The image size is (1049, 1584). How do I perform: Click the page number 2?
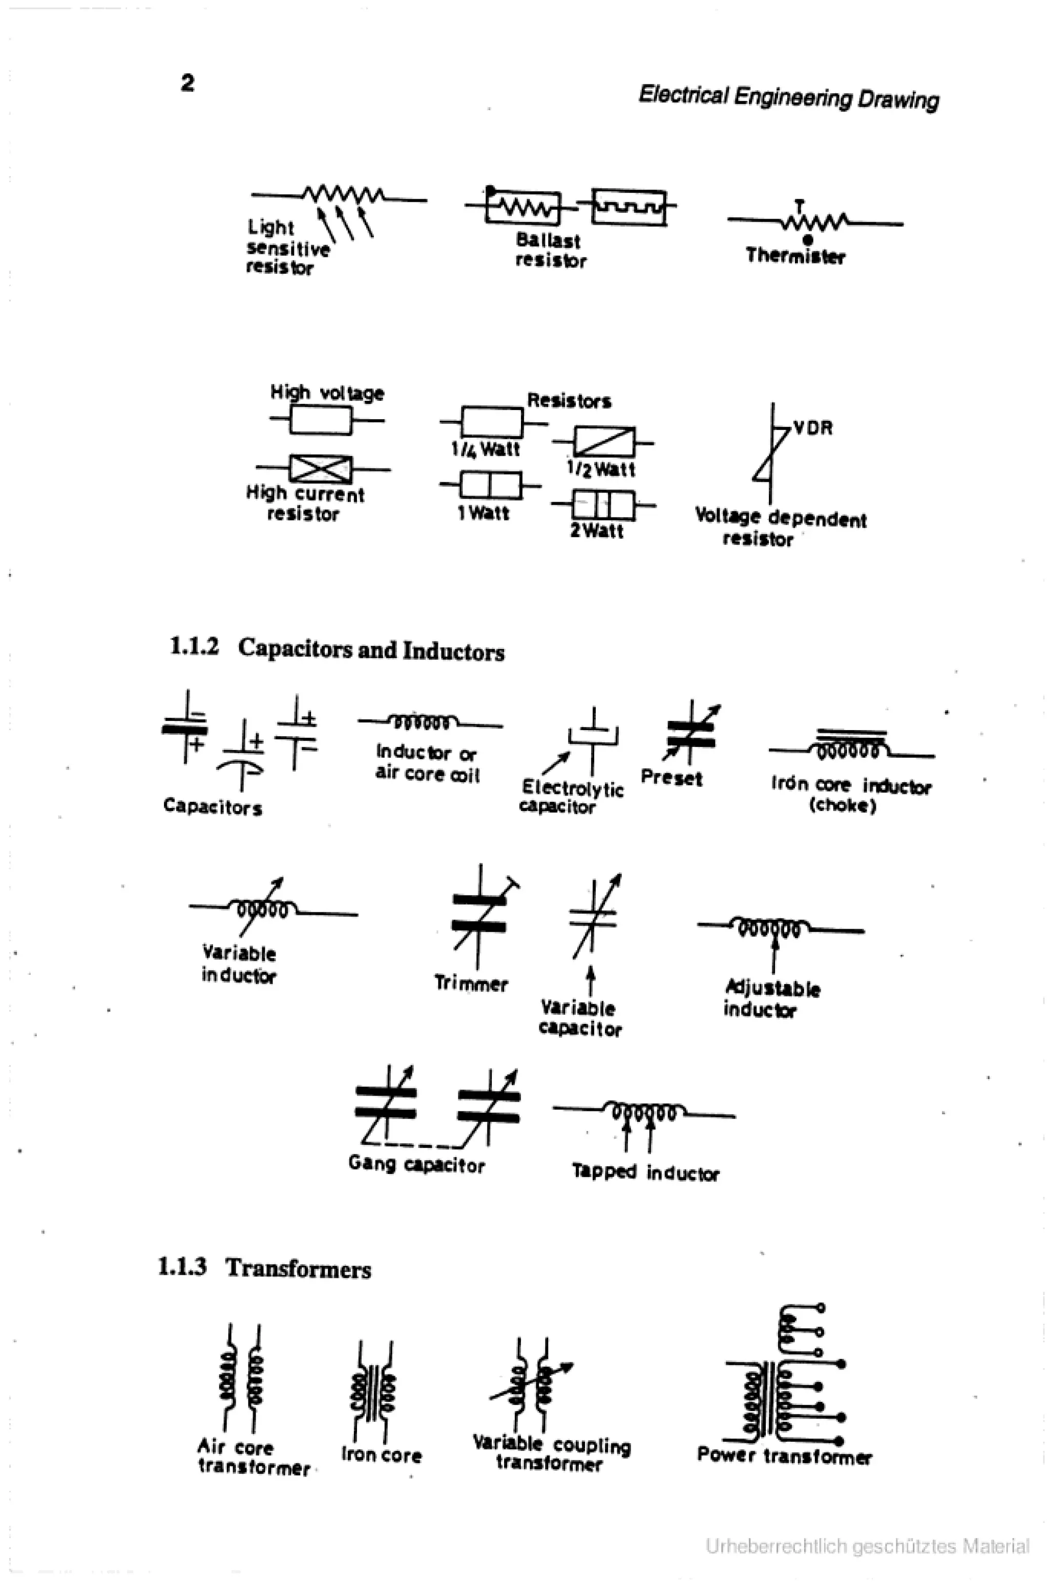(x=187, y=83)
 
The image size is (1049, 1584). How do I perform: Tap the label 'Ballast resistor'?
(x=550, y=251)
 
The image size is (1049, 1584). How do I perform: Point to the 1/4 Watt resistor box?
(x=492, y=422)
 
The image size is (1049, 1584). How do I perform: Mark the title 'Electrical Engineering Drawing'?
(x=788, y=98)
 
